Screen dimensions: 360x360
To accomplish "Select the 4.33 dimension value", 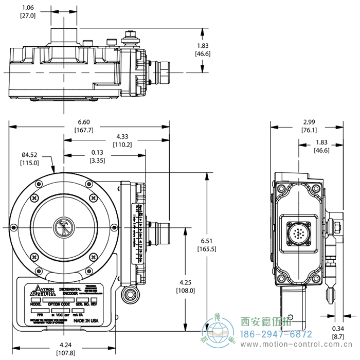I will tap(122, 136).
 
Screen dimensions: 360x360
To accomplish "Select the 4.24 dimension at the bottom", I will tap(65, 345).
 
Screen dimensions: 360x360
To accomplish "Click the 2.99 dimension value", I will tap(309, 121).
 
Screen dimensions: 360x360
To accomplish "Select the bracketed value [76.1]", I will tap(309, 130).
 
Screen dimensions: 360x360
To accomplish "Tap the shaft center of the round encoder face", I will tap(63, 227).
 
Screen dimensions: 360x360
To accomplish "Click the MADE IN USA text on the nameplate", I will tap(88, 320).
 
